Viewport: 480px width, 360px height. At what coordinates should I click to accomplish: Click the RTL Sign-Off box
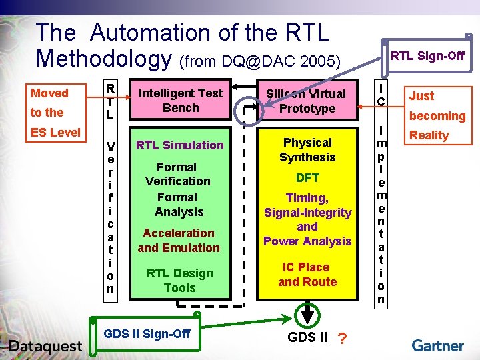(x=427, y=55)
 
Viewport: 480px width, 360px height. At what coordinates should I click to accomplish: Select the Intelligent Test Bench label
(x=181, y=101)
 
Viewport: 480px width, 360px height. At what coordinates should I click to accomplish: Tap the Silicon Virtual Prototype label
(x=307, y=101)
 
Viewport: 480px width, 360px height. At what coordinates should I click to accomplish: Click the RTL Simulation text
(x=180, y=145)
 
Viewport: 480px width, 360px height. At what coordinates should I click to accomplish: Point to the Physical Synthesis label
(x=307, y=150)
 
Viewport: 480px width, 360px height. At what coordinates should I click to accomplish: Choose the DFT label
(x=307, y=178)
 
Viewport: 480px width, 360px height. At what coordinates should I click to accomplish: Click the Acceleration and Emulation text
(x=179, y=241)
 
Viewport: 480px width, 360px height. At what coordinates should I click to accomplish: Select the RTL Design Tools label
(x=180, y=281)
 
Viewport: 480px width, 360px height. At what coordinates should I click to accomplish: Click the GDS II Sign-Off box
(x=147, y=333)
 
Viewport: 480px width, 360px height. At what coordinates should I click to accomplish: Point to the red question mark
(x=342, y=339)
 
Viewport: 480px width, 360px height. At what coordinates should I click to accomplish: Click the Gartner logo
(x=437, y=345)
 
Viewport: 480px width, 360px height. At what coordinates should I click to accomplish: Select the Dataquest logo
(x=45, y=345)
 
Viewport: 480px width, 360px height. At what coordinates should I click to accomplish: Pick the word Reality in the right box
(x=429, y=135)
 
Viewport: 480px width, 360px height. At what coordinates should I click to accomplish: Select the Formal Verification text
(x=177, y=174)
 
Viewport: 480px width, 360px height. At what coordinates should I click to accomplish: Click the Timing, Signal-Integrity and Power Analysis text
(x=307, y=219)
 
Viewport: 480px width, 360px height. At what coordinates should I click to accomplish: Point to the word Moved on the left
(x=49, y=93)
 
